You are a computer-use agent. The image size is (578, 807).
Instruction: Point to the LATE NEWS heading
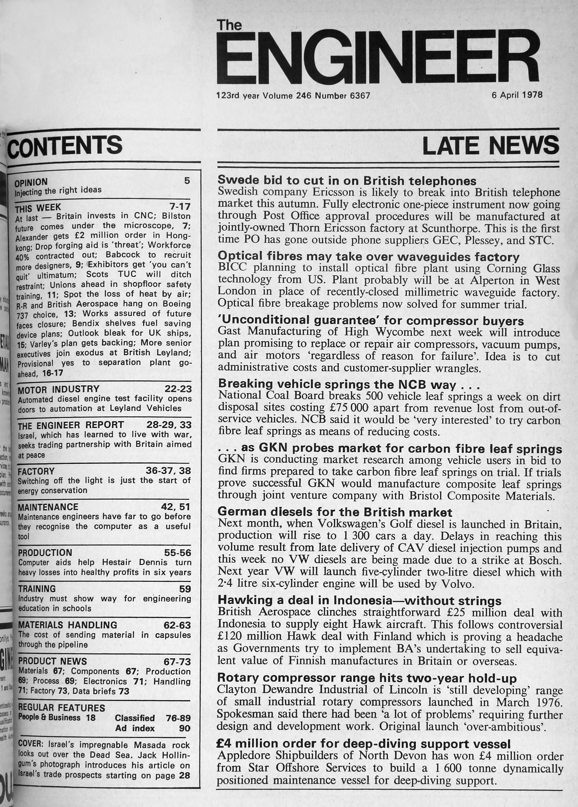click(490, 145)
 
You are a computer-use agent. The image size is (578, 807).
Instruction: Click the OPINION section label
click(31, 182)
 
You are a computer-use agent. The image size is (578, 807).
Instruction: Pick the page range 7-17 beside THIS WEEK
click(180, 206)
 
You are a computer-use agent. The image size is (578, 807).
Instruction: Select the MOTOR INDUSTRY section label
click(59, 389)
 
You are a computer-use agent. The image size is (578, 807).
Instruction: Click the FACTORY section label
click(36, 472)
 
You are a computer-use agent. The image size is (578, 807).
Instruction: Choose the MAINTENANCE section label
click(48, 507)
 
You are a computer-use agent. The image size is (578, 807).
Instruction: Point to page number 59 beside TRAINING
click(185, 589)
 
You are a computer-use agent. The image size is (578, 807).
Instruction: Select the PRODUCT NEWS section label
click(52, 661)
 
